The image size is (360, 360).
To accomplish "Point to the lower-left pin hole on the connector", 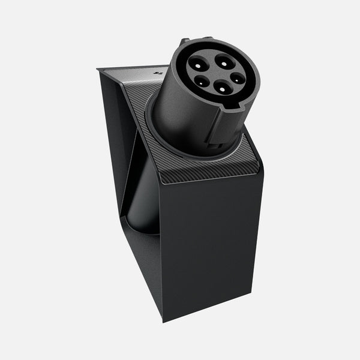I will [x=199, y=82].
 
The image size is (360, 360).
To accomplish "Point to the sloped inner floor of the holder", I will [x=144, y=264].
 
